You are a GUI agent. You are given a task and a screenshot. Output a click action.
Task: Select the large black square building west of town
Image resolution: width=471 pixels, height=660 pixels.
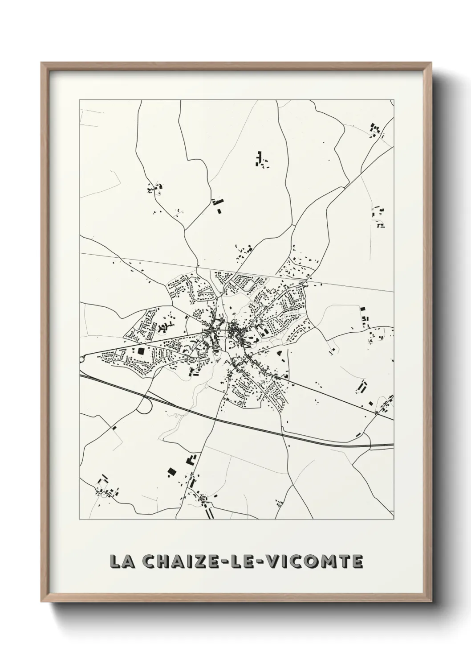point(141,351)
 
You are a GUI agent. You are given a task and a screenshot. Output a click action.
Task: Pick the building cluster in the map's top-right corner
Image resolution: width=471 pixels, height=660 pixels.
point(376,130)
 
